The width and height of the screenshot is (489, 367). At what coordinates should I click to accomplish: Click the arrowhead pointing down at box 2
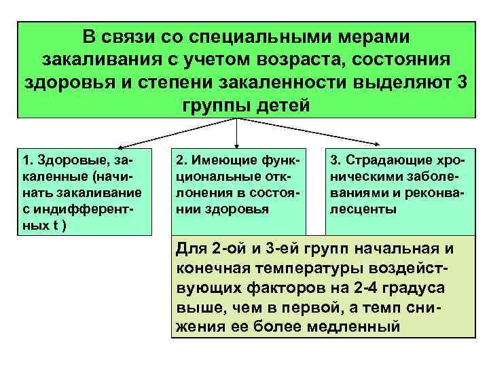[x=236, y=145]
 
